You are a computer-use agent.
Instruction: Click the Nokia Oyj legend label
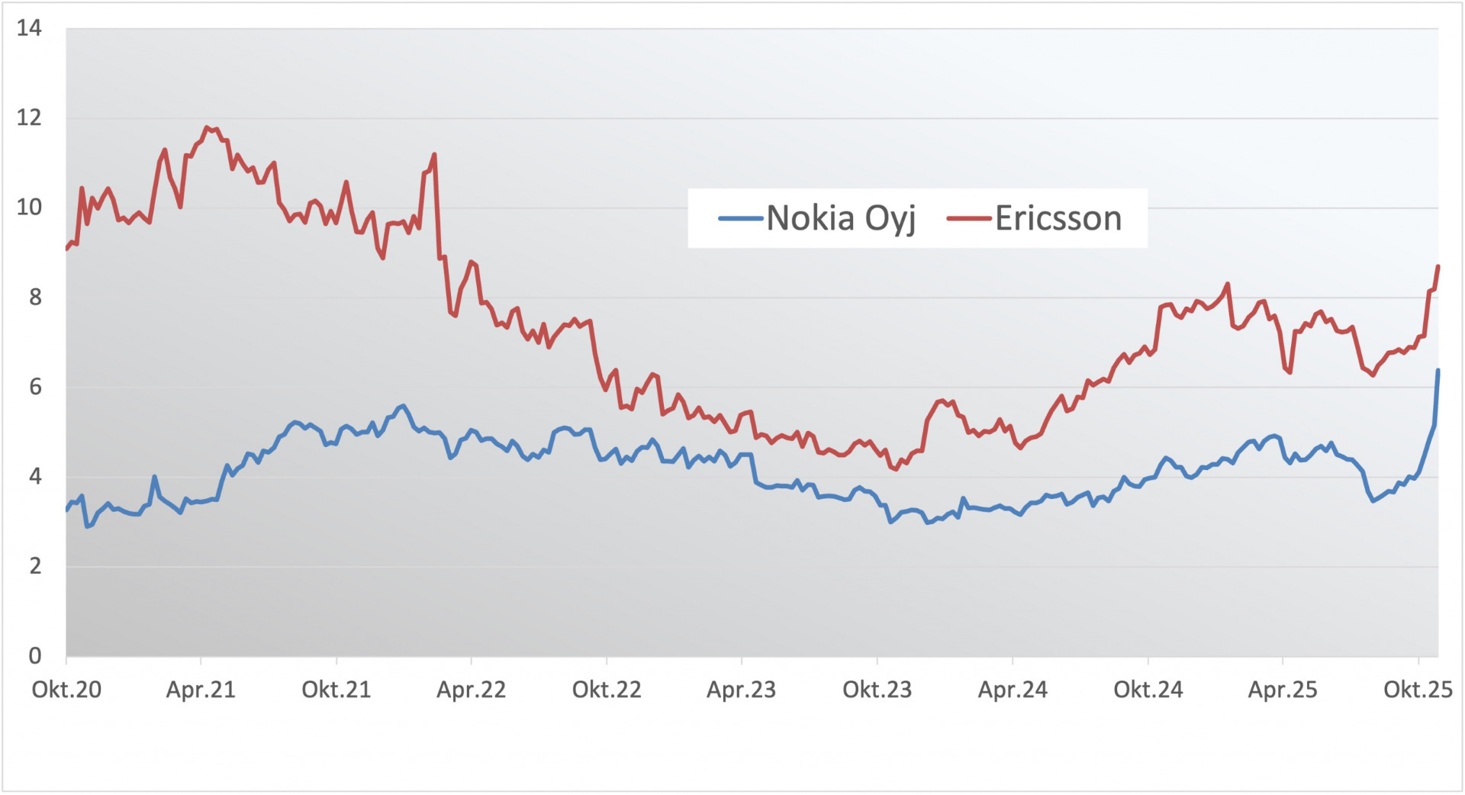840,218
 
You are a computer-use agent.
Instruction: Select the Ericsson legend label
1058,218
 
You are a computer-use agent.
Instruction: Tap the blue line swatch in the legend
740,219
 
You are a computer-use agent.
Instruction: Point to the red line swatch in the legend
969,219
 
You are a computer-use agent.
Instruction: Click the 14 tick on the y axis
29,28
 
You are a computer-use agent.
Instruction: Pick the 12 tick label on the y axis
29,117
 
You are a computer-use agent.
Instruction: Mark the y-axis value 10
29,207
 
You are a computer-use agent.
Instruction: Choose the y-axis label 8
35,297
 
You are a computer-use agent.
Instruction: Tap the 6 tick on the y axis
35,387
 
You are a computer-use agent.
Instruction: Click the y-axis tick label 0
35,655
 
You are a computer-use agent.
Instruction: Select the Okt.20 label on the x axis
66,690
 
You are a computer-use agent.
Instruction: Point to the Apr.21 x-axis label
201,690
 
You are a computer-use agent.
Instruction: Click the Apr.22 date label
471,690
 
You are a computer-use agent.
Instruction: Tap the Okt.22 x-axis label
607,690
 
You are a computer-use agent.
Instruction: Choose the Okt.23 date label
877,690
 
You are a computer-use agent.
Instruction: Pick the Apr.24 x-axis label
1013,690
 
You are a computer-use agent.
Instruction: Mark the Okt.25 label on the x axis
1418,690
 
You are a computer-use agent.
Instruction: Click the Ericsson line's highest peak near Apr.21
207,127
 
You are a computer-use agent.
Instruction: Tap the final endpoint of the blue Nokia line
1438,371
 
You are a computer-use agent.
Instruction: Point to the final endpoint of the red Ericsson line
1438,266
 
